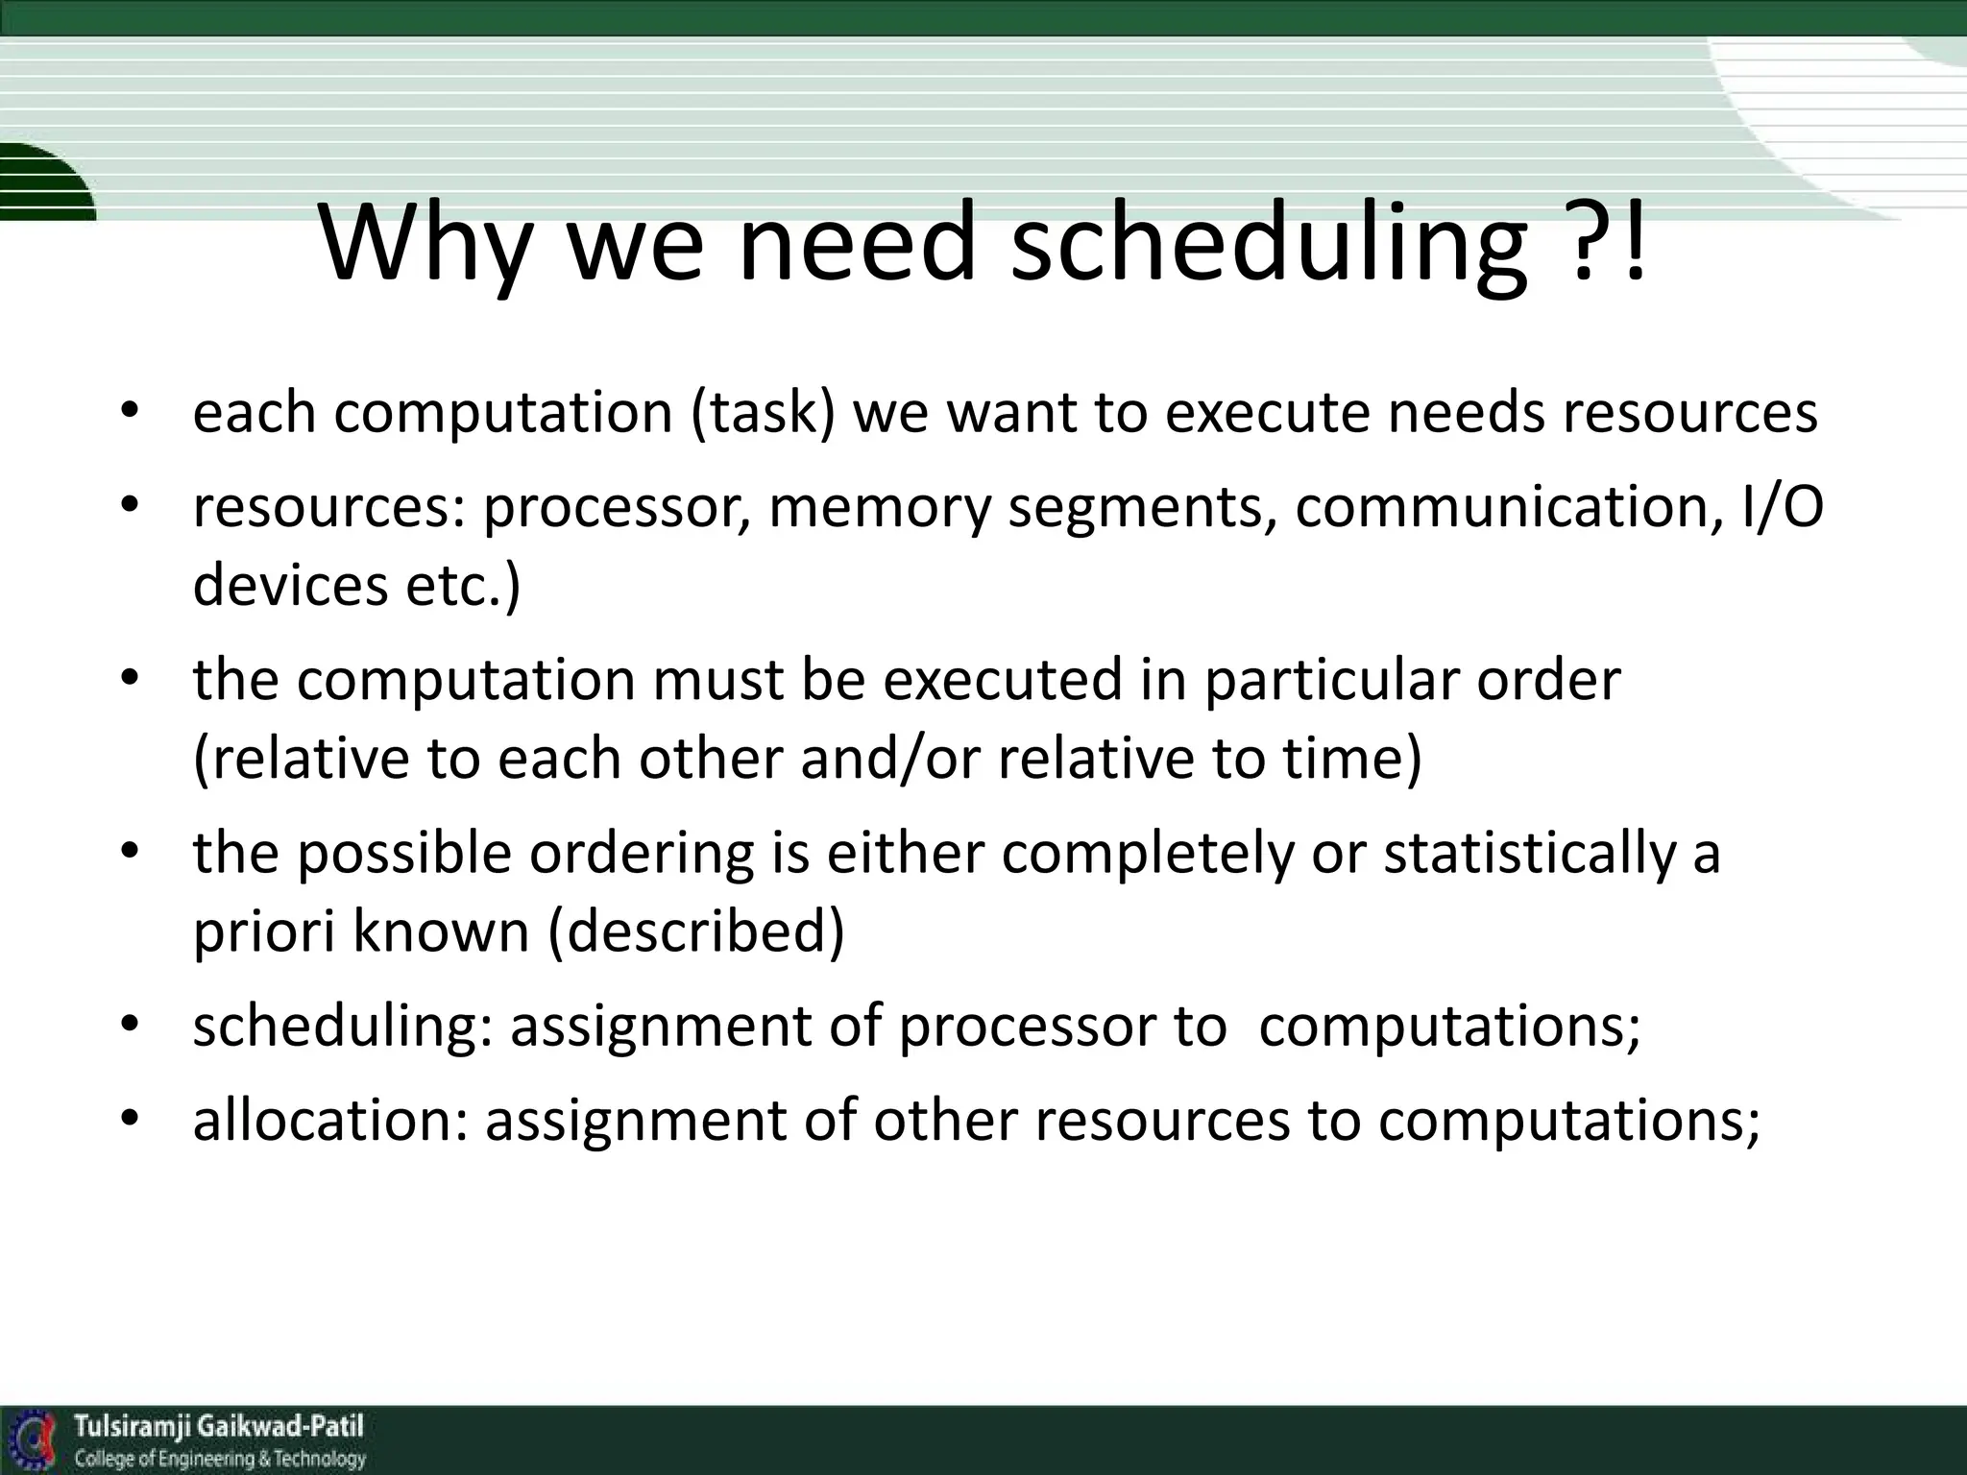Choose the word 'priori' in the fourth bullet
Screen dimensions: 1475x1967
(263, 931)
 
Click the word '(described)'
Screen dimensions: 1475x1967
(696, 931)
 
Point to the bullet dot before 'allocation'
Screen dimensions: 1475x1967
(131, 1120)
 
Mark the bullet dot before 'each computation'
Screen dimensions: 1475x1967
(131, 412)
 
